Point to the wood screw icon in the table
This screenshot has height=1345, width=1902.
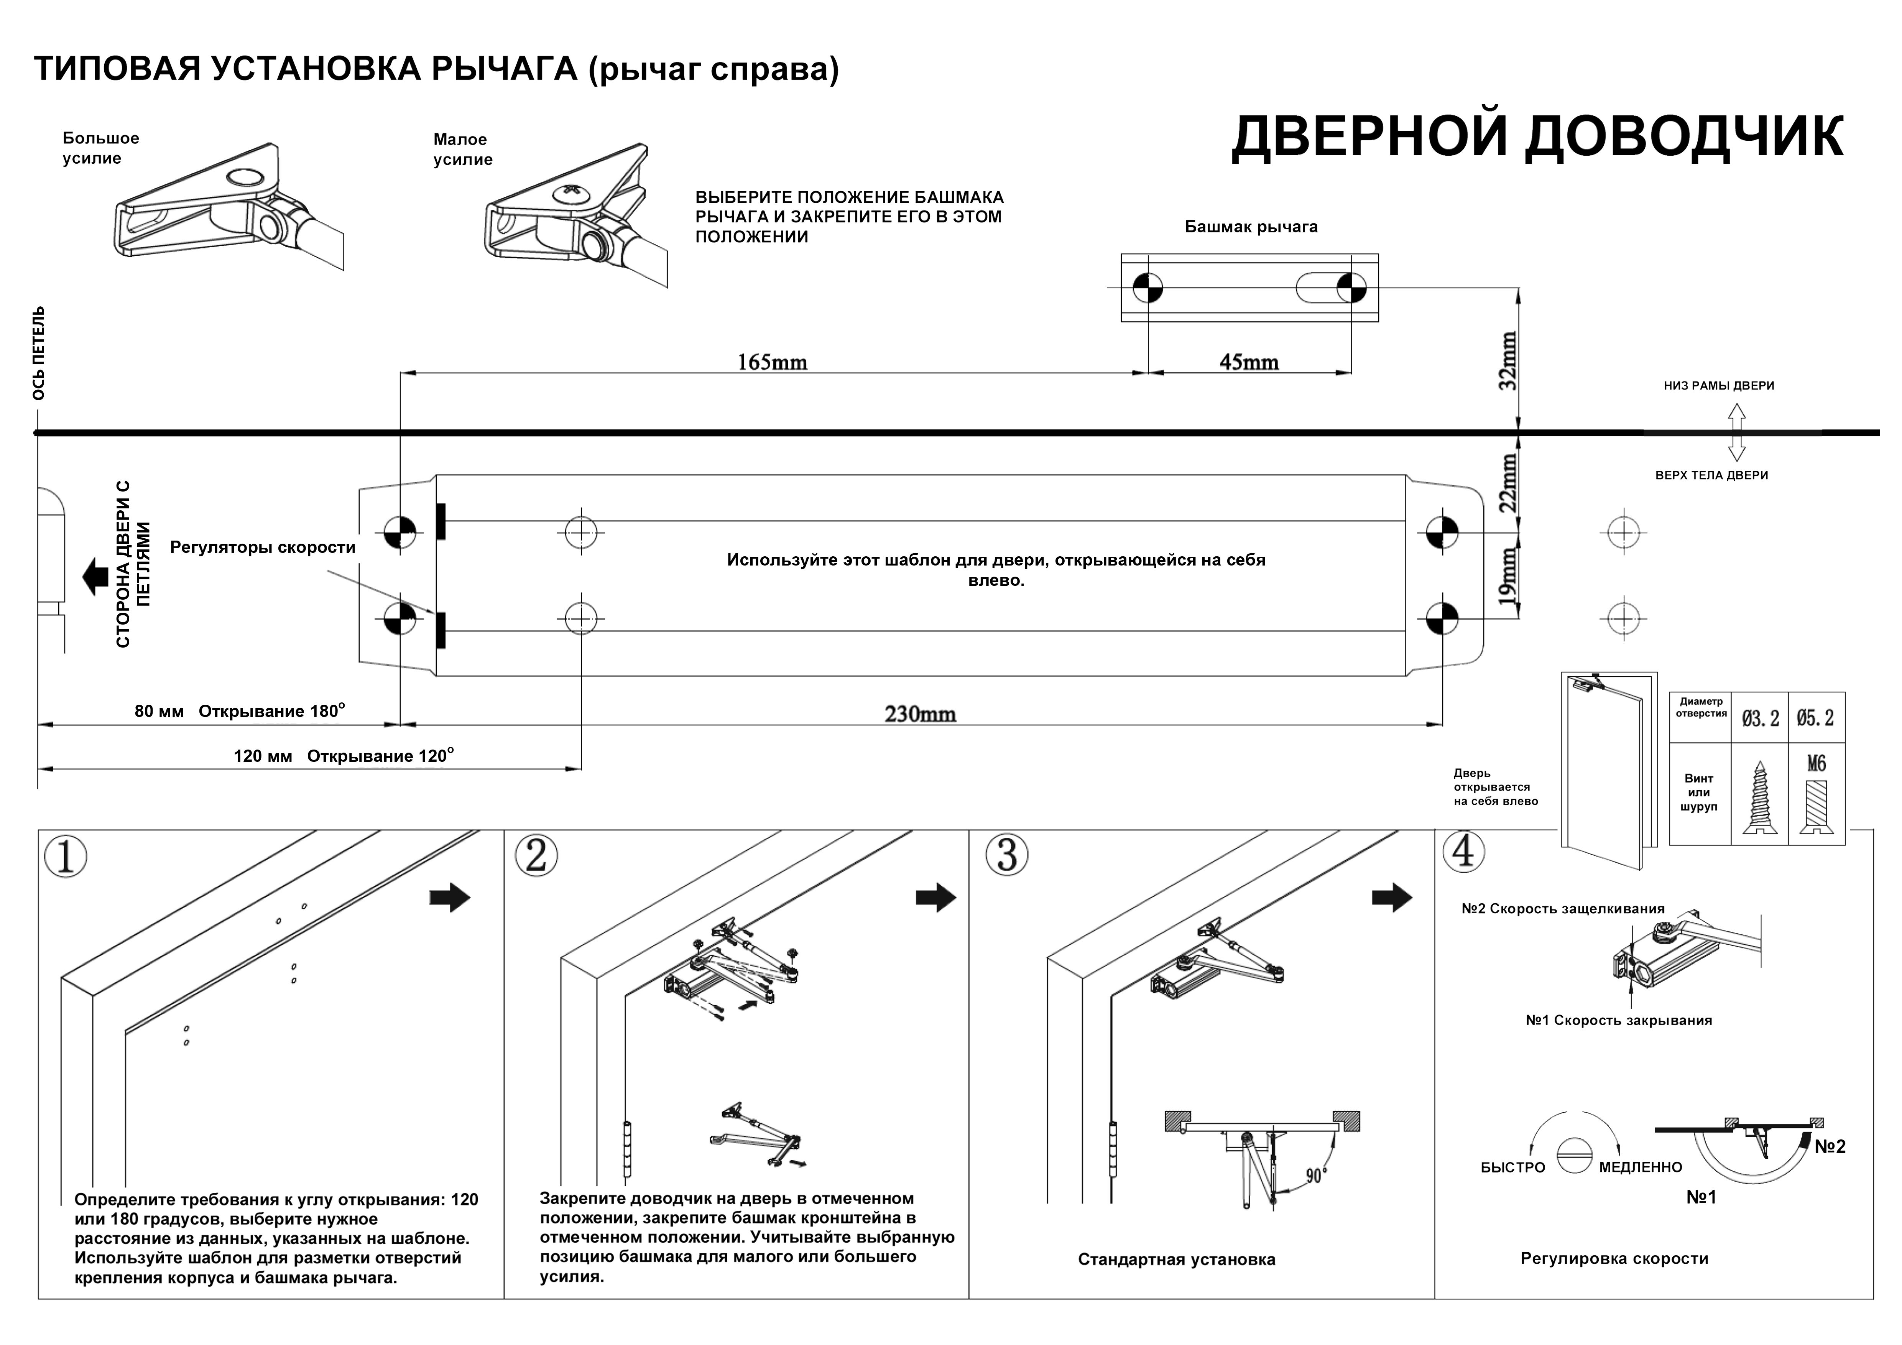point(1759,797)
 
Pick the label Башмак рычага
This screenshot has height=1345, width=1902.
point(1251,227)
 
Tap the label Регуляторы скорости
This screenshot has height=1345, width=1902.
point(263,548)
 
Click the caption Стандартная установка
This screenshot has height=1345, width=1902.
point(1176,1260)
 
